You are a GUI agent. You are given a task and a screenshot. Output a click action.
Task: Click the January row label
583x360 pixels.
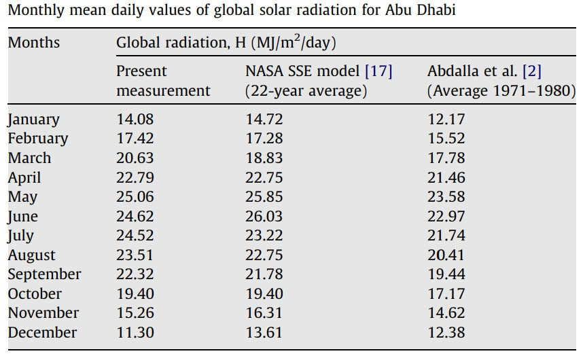[33, 120]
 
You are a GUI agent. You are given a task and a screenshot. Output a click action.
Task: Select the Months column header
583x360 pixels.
[33, 42]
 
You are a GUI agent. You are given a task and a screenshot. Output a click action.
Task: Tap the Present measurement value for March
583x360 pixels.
[135, 158]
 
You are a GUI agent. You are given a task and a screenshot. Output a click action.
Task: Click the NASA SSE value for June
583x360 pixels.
[264, 217]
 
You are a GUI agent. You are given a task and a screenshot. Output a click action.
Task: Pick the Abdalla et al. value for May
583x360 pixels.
[446, 197]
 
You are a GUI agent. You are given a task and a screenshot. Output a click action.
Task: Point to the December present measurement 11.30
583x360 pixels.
[135, 333]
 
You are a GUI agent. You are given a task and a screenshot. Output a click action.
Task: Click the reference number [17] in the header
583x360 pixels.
[378, 71]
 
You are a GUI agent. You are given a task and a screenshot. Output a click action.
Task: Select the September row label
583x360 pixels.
[44, 274]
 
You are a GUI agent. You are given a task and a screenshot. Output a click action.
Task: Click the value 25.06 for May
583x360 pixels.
[135, 197]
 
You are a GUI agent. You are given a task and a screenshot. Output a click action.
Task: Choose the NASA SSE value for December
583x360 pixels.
[264, 333]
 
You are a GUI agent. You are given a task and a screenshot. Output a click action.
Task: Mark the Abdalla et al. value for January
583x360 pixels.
[446, 120]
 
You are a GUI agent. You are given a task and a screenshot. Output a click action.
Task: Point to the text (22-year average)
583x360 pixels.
[306, 91]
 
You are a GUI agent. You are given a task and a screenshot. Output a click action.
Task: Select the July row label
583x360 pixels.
[20, 236]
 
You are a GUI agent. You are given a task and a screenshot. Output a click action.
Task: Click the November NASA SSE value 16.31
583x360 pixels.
[264, 313]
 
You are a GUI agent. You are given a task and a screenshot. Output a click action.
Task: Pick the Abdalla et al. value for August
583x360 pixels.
[446, 255]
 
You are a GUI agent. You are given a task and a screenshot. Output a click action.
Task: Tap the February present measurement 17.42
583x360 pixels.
[135, 139]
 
